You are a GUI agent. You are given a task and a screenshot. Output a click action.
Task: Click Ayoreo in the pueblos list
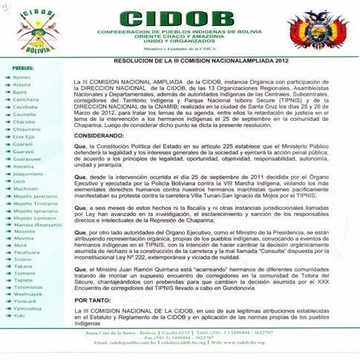21,77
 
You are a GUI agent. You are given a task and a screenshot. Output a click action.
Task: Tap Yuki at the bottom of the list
18,315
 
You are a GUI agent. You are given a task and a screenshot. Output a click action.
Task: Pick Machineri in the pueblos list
25,188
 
